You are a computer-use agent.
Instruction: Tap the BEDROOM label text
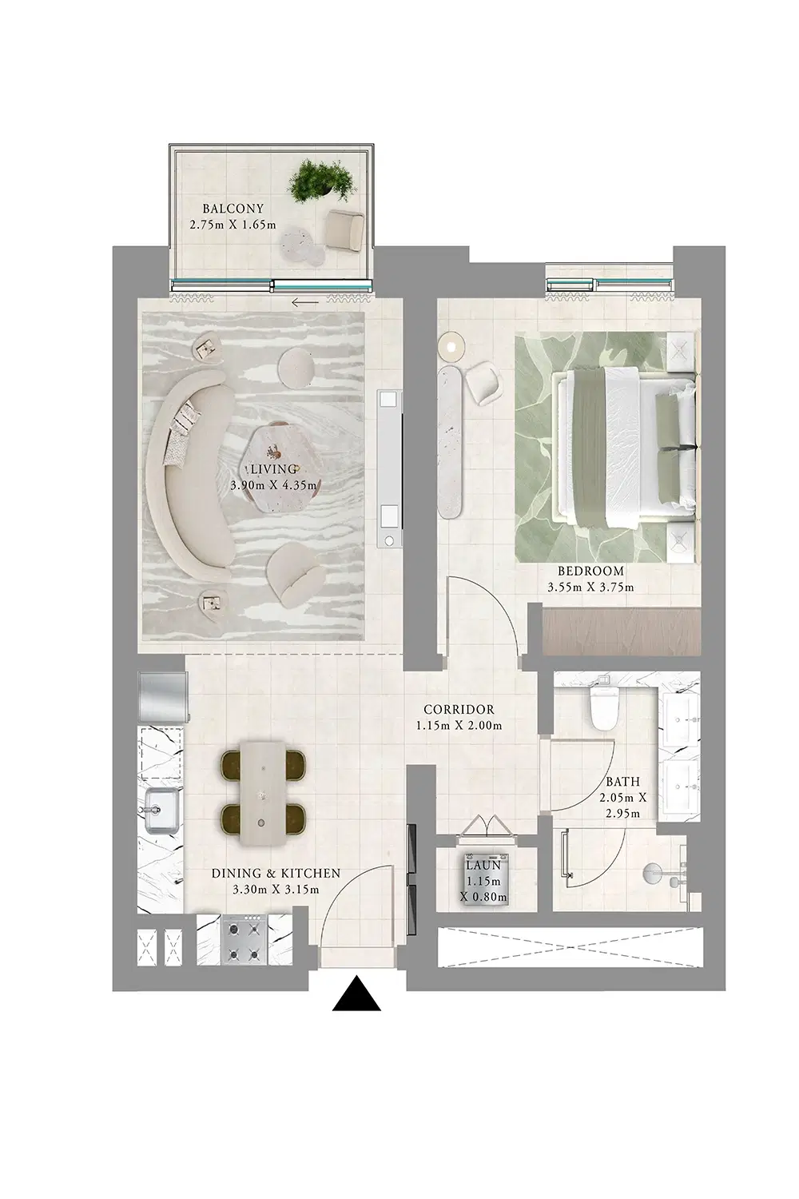point(590,572)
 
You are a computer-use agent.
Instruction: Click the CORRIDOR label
point(459,709)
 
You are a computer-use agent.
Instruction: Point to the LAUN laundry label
point(483,866)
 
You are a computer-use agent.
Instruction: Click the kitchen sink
point(161,809)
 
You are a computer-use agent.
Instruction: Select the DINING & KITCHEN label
point(276,874)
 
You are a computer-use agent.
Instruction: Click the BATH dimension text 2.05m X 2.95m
point(622,806)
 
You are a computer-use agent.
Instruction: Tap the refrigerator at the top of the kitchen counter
point(162,696)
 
